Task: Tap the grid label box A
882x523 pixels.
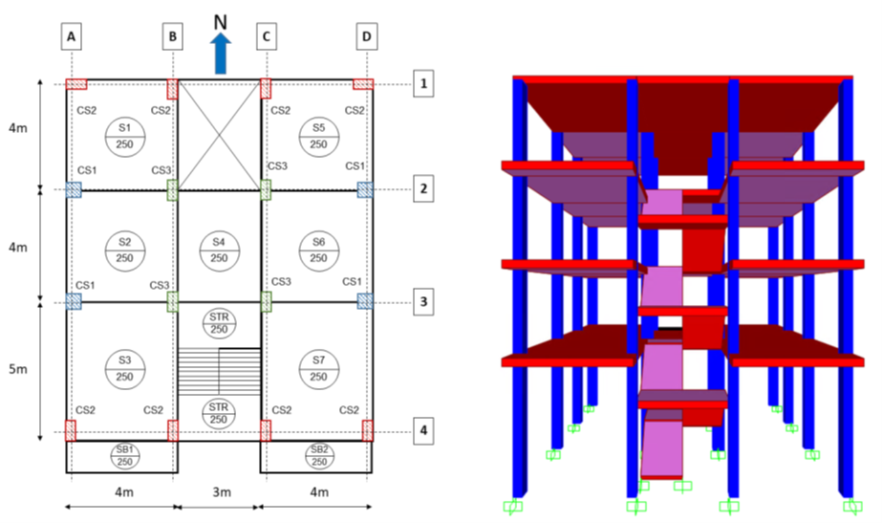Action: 72,37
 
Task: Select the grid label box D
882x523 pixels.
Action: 367,37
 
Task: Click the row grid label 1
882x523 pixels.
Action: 423,84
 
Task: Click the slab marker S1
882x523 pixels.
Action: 124,136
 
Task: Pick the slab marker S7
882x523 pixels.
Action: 318,367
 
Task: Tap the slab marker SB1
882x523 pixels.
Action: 124,456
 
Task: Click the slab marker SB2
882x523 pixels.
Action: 318,456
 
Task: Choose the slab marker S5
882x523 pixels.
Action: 318,136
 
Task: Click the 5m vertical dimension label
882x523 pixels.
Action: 20,367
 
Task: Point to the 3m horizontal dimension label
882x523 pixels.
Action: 220,493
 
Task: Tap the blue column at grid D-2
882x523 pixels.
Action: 365,189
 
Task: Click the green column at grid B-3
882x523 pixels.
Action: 173,301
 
